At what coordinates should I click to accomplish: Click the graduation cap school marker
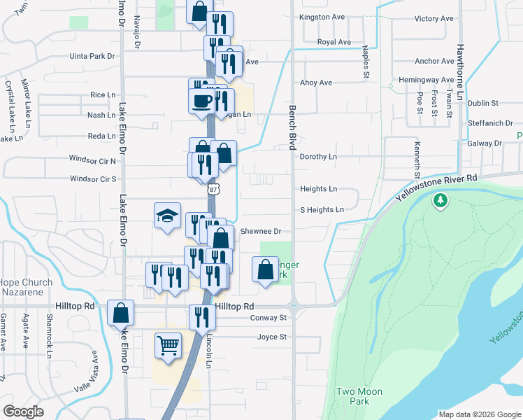[168, 215]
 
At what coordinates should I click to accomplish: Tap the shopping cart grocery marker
[168, 345]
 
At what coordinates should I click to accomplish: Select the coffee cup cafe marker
[202, 99]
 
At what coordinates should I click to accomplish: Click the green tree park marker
[440, 202]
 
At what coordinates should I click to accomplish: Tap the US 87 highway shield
[213, 189]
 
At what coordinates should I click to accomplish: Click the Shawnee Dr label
[260, 231]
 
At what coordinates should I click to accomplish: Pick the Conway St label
[268, 318]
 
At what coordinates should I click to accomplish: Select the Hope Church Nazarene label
[26, 288]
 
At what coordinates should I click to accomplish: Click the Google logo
[23, 412]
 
